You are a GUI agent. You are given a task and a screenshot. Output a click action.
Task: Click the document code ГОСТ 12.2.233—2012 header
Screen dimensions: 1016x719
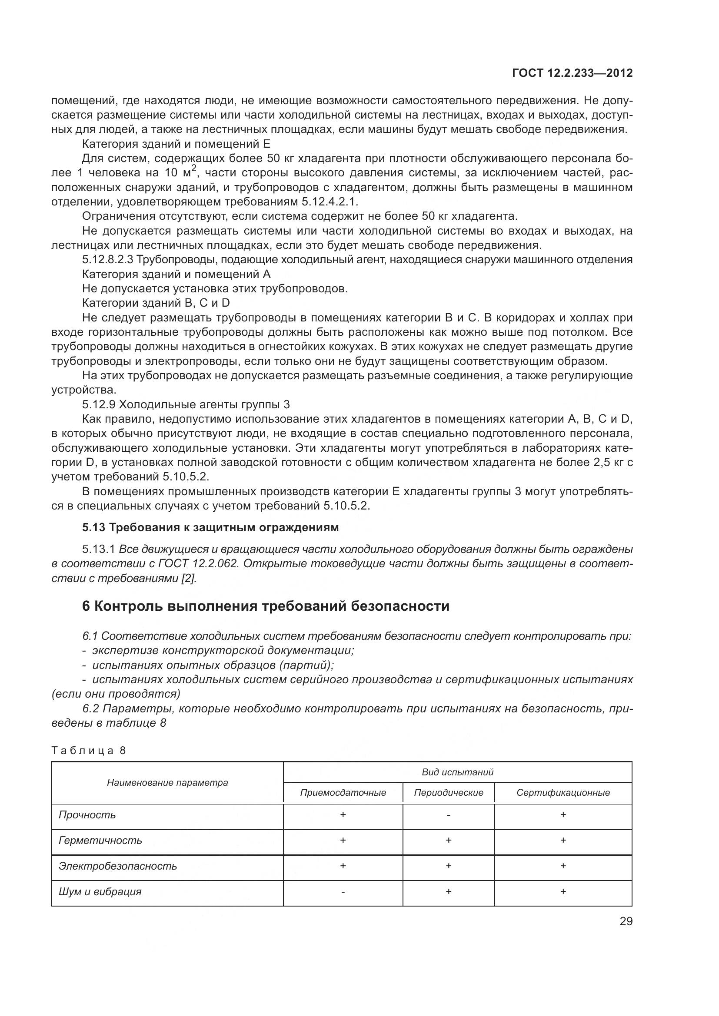pos(572,73)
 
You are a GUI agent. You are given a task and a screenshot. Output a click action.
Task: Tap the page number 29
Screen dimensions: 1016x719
pos(626,921)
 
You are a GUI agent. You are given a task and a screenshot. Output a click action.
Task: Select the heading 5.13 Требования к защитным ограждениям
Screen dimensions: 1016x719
pos(210,527)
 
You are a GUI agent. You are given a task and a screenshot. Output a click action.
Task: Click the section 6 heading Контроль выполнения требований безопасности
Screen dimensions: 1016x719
pos(266,606)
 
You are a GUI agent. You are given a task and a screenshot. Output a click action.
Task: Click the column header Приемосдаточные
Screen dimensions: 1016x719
pos(343,793)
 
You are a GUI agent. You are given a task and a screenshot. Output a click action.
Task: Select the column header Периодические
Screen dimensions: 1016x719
pos(449,793)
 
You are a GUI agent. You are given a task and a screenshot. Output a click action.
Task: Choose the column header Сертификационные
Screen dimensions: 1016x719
pos(563,793)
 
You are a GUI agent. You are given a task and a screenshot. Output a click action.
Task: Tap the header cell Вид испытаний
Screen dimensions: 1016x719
pos(457,772)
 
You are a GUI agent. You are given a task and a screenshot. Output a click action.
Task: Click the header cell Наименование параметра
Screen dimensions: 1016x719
pos(167,782)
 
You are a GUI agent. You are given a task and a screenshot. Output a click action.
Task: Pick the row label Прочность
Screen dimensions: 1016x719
pos(87,814)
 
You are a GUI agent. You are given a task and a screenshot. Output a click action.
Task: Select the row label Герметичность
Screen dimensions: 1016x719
pos(100,841)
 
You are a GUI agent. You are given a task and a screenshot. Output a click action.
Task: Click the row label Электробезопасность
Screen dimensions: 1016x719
pos(118,866)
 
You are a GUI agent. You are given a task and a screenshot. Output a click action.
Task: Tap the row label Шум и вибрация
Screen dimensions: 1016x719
pos(100,892)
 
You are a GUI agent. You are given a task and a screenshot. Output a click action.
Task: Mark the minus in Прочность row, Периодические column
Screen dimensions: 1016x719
pos(449,815)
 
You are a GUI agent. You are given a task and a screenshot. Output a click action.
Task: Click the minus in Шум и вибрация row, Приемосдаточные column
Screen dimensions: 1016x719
pos(343,892)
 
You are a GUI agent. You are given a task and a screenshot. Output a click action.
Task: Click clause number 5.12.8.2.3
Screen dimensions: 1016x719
pos(107,260)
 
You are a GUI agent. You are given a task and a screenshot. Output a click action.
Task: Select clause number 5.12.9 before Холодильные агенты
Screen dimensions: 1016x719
pos(99,404)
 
